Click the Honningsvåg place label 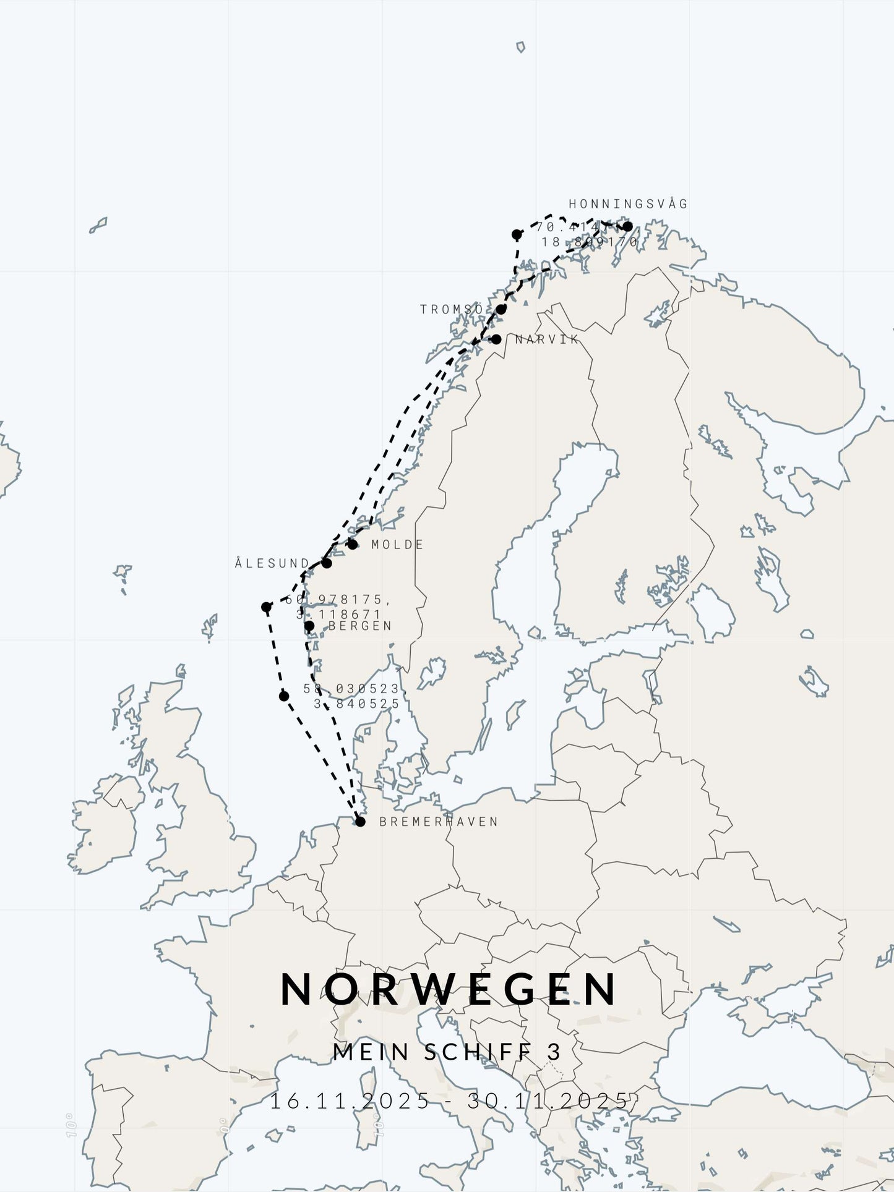pos(627,204)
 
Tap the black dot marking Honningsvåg pos(627,227)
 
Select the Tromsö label pos(452,309)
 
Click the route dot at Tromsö pos(501,309)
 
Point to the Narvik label pos(547,339)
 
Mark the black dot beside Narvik pos(496,339)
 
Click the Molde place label pos(397,545)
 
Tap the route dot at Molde pos(353,545)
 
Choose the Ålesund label pos(272,563)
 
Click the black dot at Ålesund pos(327,563)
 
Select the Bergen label pos(360,626)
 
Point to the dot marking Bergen pos(309,626)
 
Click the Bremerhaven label pos(438,822)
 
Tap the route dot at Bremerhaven pos(360,822)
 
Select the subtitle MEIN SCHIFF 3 pos(447,1052)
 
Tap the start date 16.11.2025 pos(350,1101)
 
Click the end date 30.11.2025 pos(548,1101)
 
